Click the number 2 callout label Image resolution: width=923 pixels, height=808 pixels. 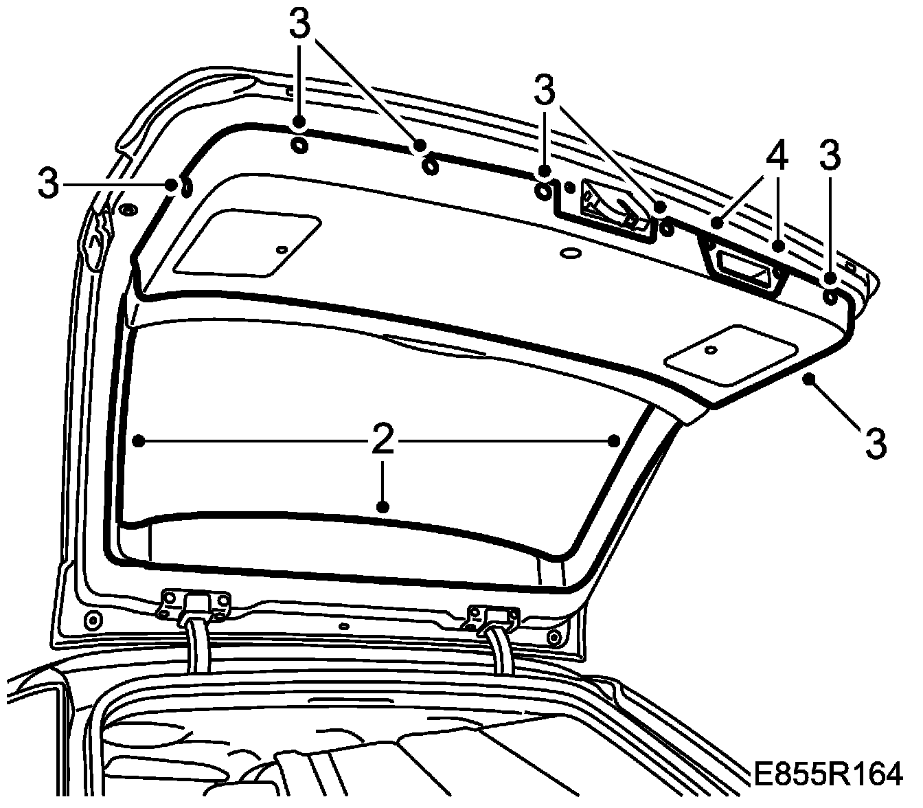pyautogui.click(x=383, y=440)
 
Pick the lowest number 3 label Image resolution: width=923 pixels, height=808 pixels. pyautogui.click(x=875, y=443)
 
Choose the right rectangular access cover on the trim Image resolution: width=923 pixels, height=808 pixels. pyautogui.click(x=732, y=355)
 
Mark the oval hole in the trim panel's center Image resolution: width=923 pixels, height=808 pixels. pyautogui.click(x=569, y=254)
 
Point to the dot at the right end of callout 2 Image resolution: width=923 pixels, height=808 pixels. pyautogui.click(x=615, y=440)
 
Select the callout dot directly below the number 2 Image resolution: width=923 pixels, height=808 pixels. pyautogui.click(x=383, y=507)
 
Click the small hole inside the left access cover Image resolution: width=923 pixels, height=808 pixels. pyautogui.click(x=281, y=249)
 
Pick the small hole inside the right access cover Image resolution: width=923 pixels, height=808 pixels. pyautogui.click(x=711, y=350)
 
